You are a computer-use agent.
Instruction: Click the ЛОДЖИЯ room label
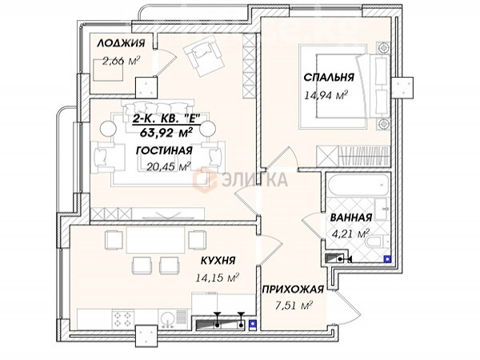tap(121, 43)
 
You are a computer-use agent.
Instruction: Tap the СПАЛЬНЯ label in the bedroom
tap(329, 77)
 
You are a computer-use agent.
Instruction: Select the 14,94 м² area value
tap(326, 95)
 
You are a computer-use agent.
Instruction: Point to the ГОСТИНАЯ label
tap(164, 150)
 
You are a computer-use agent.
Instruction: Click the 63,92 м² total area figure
tap(166, 133)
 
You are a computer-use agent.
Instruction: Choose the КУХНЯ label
tap(218, 261)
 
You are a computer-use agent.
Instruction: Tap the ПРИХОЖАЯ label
tap(293, 290)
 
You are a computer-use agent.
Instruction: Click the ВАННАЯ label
tap(351, 218)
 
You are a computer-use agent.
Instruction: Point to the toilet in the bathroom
tap(378, 242)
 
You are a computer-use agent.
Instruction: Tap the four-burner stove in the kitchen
tap(123, 319)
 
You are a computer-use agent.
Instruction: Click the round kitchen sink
tap(167, 319)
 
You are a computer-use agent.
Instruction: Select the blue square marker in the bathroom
tap(387, 259)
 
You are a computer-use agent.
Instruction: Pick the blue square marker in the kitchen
tap(253, 324)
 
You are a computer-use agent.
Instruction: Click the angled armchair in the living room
tap(204, 55)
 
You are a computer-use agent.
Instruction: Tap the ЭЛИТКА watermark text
tap(254, 180)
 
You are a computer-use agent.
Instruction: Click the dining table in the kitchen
tap(156, 240)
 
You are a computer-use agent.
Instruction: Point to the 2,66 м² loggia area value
tap(120, 62)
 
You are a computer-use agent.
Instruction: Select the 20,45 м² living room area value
tap(169, 166)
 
